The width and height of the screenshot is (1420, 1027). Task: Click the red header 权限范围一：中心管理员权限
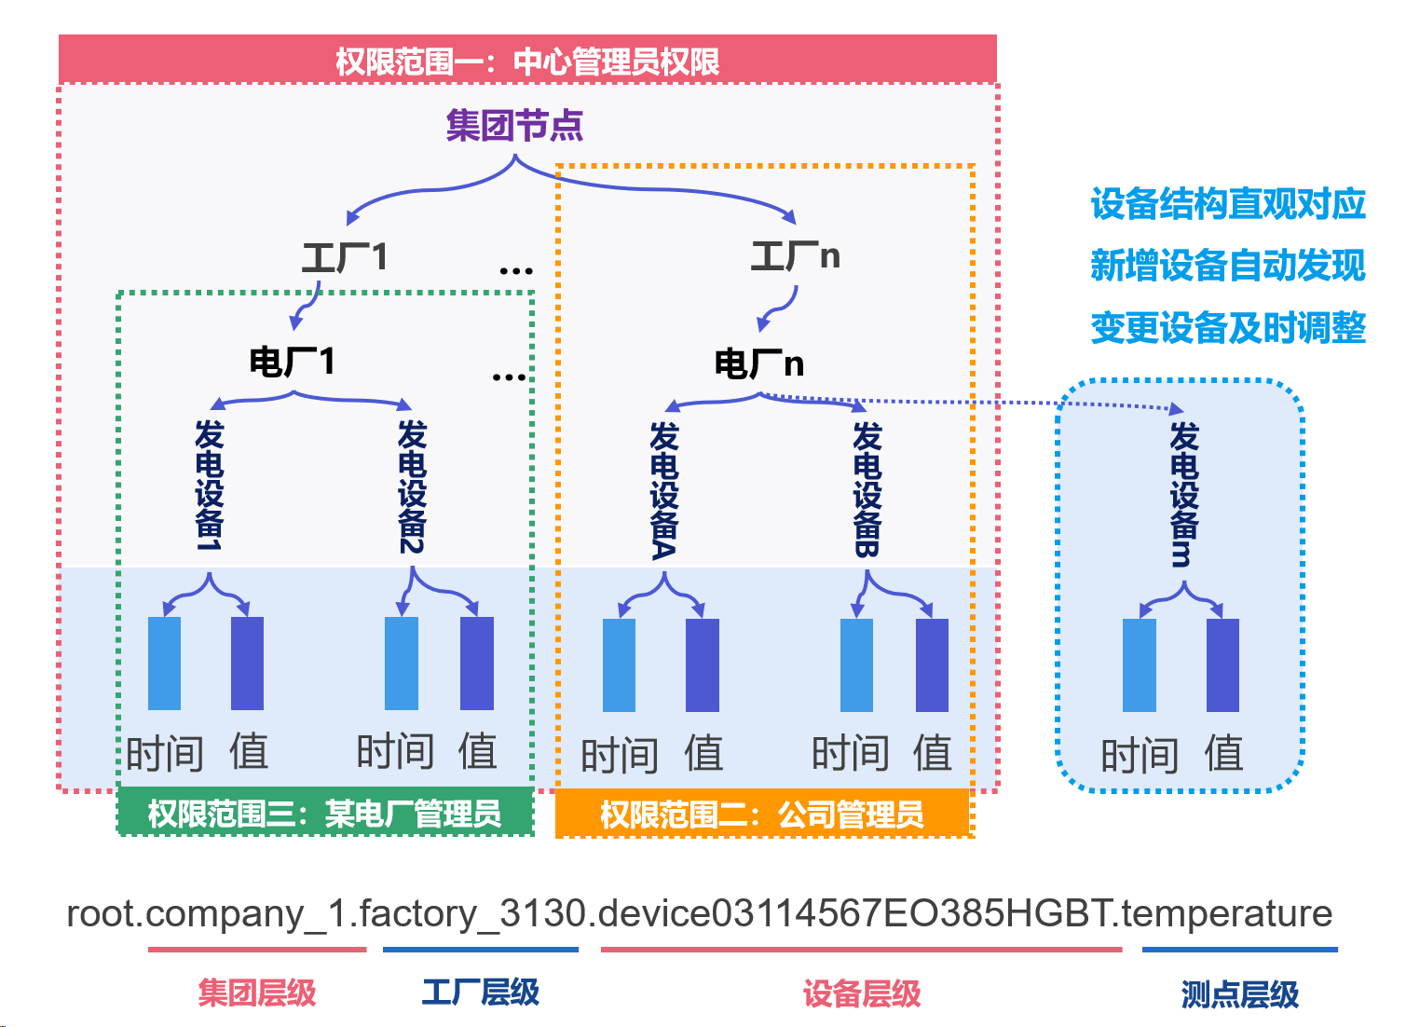527,62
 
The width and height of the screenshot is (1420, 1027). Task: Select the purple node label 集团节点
514,125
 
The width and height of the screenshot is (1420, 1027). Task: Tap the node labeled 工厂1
344,257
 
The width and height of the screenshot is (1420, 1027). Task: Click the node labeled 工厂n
795,255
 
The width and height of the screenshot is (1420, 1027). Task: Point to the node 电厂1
292,362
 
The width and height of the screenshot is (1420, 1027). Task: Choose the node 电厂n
758,363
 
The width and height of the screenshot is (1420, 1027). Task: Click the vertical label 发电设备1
210,485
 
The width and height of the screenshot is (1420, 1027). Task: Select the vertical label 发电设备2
412,486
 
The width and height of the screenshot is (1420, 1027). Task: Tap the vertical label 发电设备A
663,490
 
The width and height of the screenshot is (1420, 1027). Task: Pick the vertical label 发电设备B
867,489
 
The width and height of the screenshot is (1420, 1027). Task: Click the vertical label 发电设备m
1183,494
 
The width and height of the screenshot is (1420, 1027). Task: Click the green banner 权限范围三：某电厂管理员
325,814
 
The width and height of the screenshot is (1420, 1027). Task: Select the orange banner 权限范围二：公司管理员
762,815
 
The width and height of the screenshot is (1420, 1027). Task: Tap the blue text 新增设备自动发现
1227,266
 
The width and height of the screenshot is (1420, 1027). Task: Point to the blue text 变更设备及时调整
1227,328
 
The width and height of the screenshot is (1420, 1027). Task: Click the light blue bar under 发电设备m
1139,664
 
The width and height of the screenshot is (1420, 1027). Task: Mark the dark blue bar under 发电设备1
247,663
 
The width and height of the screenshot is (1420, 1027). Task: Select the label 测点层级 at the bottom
1239,994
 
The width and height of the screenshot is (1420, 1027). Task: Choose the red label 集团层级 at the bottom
257,993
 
